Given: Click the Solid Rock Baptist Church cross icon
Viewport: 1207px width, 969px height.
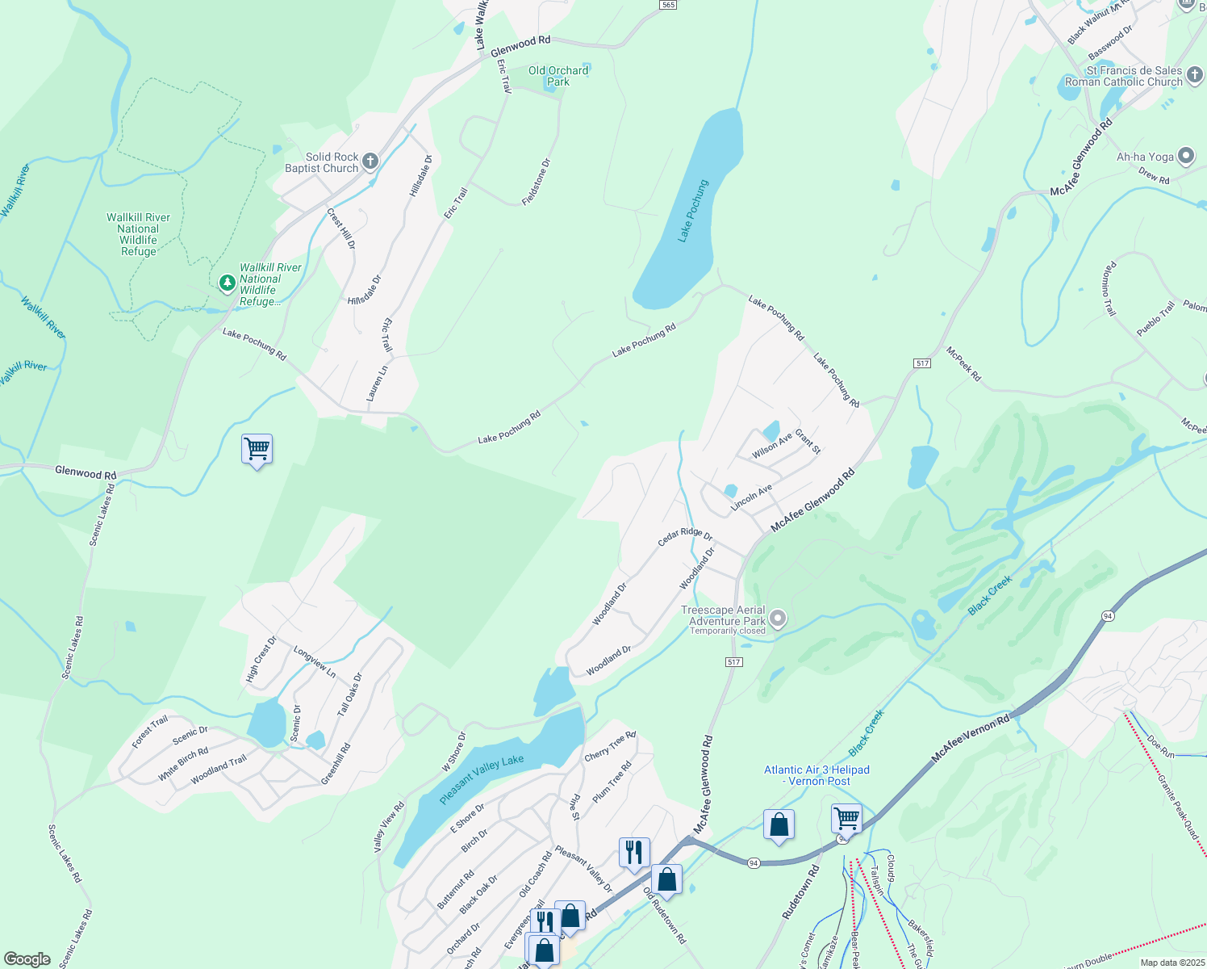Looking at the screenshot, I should coord(370,161).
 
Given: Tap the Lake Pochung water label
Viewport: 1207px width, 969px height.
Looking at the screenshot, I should coord(692,211).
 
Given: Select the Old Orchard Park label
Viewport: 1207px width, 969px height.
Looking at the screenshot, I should coord(558,76).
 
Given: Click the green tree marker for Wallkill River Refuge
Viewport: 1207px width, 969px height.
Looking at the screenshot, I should coord(228,283).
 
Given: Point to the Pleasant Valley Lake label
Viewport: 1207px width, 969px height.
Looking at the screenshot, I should coord(482,779).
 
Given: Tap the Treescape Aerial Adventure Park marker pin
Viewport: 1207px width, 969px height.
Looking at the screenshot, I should coord(778,619).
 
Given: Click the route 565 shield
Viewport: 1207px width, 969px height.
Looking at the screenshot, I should coord(667,5).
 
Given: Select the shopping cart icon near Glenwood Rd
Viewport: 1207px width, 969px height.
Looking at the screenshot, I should coord(257,448).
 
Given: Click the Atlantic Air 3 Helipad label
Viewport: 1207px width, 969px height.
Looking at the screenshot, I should coord(816,775).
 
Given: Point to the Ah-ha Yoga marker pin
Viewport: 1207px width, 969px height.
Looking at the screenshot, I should coord(1186,157).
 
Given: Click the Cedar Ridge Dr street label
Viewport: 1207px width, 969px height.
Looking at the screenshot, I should coord(685,536).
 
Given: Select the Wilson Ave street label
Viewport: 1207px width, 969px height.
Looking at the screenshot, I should coord(772,446).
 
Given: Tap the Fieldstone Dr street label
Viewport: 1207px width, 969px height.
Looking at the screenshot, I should coord(536,182).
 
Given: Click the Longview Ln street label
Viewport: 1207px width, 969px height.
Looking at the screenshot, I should coord(315,661).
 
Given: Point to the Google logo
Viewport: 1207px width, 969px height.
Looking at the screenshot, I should coord(27,959).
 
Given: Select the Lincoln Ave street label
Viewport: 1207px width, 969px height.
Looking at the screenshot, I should coord(751,497).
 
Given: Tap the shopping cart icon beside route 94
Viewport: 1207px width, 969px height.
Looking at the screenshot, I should coord(846,818).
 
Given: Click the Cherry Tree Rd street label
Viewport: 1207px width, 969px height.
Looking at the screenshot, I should coord(610,745).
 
